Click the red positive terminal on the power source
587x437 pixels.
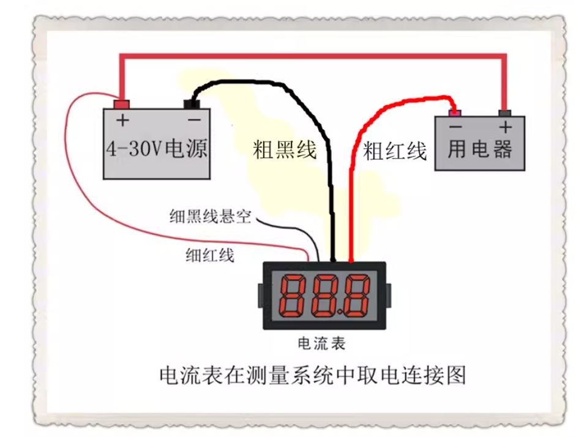122,104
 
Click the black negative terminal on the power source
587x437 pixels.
192,104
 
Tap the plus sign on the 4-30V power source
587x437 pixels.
122,120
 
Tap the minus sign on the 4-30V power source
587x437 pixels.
194,120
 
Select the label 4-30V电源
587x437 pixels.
157,149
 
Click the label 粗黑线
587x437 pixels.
285,150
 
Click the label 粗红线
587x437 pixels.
395,151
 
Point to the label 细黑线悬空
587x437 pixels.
210,217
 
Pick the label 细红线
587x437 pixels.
210,255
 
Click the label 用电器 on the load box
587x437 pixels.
480,149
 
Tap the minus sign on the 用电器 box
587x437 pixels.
455,127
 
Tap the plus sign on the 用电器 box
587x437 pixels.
506,127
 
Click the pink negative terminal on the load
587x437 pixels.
455,113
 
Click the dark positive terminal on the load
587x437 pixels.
505,113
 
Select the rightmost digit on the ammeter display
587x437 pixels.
356,296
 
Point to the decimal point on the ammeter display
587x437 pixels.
339,312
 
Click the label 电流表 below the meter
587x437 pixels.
321,343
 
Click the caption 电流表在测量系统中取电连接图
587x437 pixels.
313,375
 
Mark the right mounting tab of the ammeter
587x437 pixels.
388,296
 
